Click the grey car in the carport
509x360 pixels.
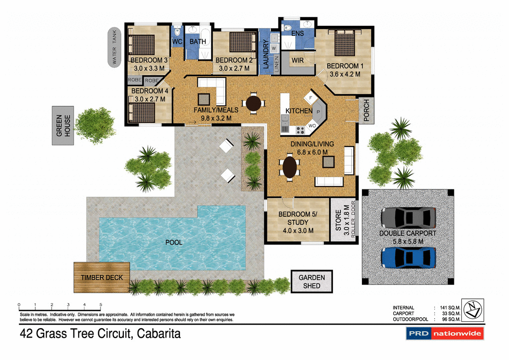coord(408,217)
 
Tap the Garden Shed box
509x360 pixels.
coord(312,281)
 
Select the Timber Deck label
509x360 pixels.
coord(102,277)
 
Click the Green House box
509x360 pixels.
coord(63,126)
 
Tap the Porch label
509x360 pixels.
coord(366,111)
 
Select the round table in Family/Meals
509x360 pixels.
coord(254,103)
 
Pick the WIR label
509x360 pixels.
coord(297,60)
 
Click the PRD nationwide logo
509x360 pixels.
coord(444,334)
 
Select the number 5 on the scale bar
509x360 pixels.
coord(101,304)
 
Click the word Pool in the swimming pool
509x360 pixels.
coord(173,243)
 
